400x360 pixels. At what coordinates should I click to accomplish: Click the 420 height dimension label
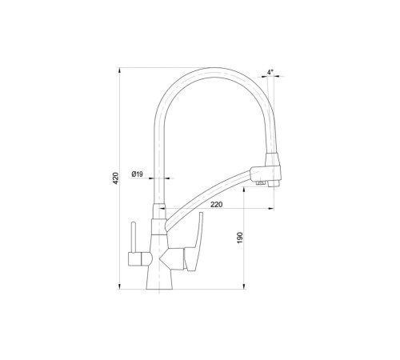pos(116,178)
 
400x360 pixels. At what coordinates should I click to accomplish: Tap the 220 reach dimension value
pos(217,205)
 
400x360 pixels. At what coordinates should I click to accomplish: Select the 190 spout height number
pos(240,238)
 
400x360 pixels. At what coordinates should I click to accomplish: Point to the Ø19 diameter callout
pos(137,174)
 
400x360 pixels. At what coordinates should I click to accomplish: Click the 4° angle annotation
pos(270,72)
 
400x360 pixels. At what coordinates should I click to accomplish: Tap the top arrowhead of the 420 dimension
pos(119,70)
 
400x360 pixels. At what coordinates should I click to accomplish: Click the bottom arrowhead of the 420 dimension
pos(119,286)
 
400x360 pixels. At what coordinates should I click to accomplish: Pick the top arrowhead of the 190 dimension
pos(244,190)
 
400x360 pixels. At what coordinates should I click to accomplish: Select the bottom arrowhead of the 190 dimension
pos(244,286)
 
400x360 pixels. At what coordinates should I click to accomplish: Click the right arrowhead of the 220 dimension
pos(271,209)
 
